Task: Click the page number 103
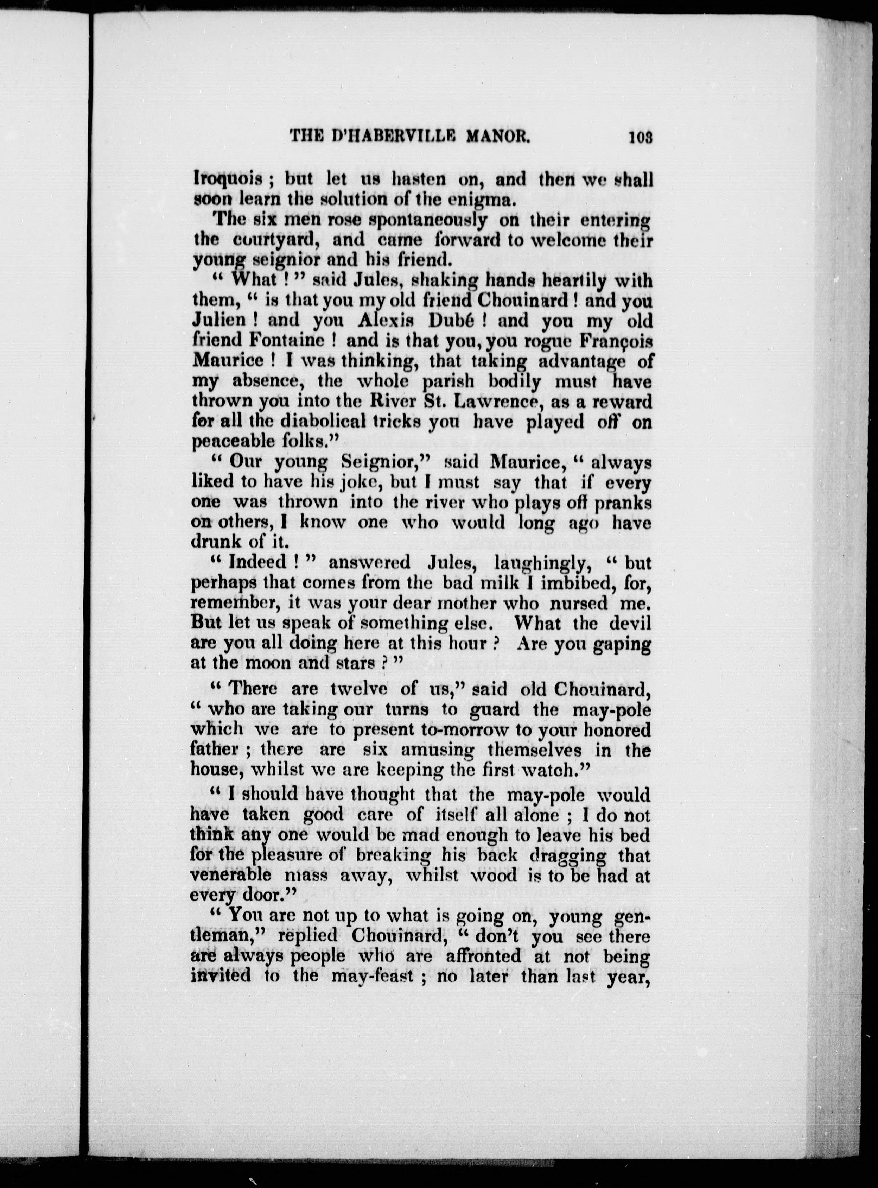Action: click(641, 137)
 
